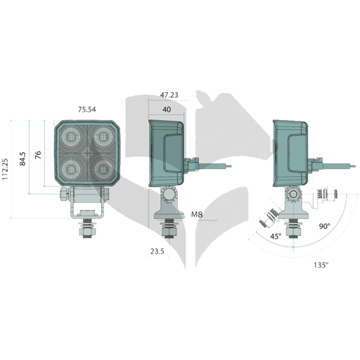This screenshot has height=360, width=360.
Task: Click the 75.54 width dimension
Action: click(x=87, y=110)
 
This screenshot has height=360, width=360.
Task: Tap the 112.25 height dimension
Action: click(x=5, y=169)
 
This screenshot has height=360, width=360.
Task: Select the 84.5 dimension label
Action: click(x=23, y=159)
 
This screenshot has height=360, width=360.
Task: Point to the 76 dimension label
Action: click(x=38, y=155)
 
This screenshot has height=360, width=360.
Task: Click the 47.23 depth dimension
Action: click(x=169, y=95)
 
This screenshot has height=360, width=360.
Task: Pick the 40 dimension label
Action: click(x=167, y=110)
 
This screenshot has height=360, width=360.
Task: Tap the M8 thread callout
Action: click(x=197, y=214)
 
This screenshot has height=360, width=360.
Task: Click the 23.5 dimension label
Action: click(x=157, y=251)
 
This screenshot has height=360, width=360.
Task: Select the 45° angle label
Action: click(x=276, y=236)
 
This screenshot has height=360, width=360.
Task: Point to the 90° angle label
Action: click(x=325, y=226)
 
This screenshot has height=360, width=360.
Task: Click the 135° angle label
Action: click(x=321, y=265)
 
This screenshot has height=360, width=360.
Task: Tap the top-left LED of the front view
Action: click(x=71, y=137)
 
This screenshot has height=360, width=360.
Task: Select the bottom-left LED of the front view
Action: click(x=71, y=169)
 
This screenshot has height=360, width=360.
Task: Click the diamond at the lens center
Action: click(x=87, y=153)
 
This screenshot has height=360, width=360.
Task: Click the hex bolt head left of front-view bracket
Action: click(x=64, y=194)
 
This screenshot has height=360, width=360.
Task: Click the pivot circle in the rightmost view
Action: click(x=293, y=194)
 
